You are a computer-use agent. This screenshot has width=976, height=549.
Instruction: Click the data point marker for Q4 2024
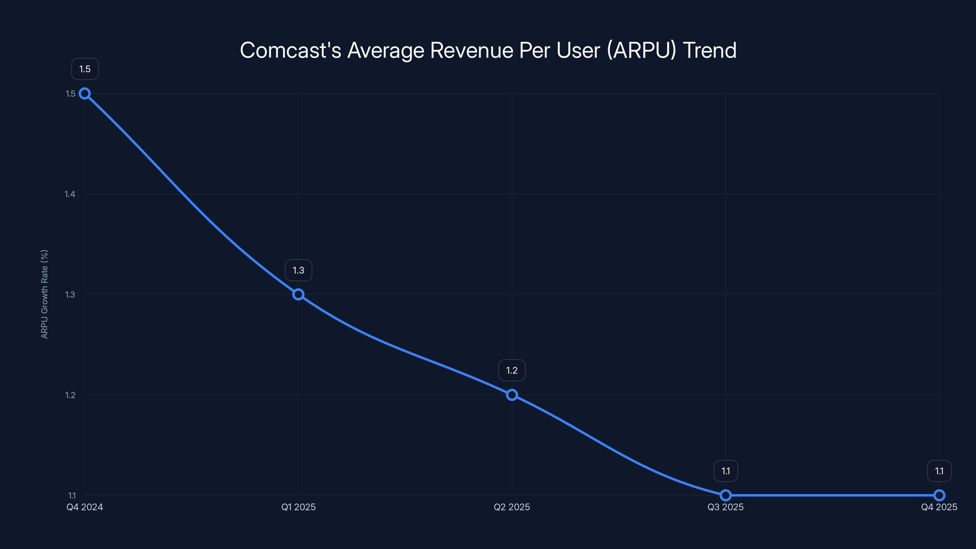84,94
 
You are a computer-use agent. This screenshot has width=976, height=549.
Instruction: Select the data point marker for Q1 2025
298,294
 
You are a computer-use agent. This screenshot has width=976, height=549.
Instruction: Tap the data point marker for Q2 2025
512,395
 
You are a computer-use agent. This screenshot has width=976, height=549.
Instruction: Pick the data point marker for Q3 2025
726,495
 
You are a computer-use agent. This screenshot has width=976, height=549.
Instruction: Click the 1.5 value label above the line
85,69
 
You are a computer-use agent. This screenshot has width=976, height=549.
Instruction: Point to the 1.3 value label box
298,270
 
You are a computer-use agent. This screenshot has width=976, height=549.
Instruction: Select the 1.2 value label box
512,370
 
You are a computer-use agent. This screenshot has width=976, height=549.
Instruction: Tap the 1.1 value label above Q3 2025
726,471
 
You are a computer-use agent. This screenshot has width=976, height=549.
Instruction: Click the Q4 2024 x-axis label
84,507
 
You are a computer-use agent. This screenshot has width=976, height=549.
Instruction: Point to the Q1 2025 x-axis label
298,507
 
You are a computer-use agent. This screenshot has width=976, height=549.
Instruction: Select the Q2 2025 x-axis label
512,507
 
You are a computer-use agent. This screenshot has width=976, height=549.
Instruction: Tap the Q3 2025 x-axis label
726,507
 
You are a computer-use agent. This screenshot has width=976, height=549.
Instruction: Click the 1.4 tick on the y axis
70,194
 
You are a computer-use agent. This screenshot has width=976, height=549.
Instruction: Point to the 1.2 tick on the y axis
70,395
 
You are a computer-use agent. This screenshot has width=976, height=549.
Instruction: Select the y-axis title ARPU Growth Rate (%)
44,294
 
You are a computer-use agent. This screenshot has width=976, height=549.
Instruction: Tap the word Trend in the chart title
710,50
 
